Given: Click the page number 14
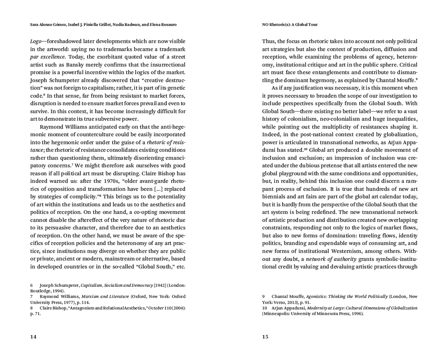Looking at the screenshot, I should (33, 337).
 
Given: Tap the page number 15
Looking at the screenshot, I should (265, 337).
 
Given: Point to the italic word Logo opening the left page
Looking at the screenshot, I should (37, 41).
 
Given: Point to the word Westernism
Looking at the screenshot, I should (362, 251).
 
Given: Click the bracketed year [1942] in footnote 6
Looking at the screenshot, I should (161, 285).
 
